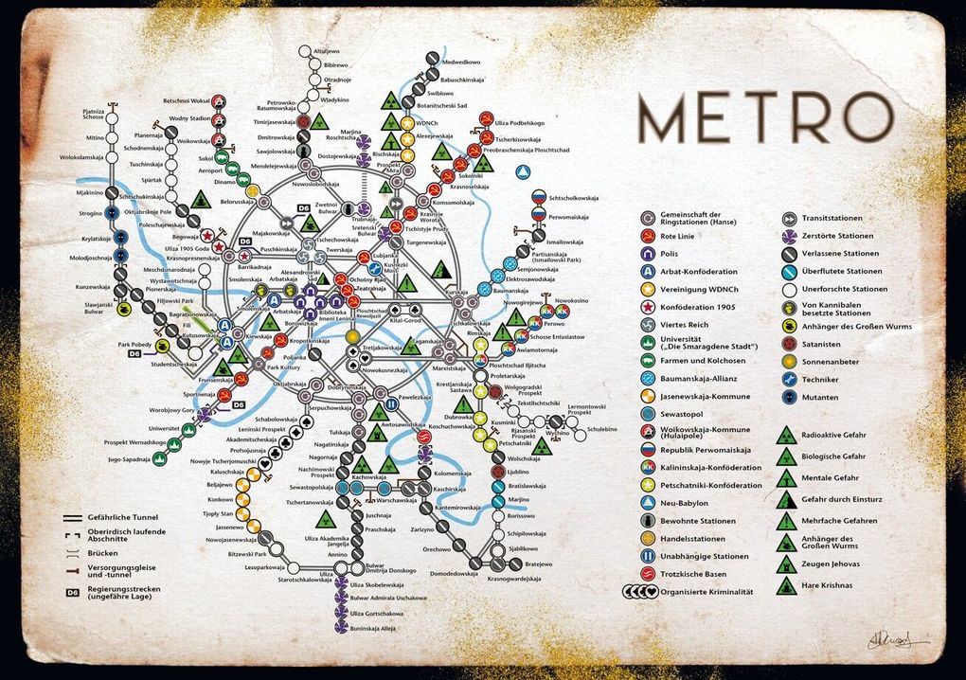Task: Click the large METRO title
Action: click(765, 117)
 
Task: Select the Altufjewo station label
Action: click(326, 50)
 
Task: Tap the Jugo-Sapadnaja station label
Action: click(130, 459)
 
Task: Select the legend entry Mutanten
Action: click(819, 397)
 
